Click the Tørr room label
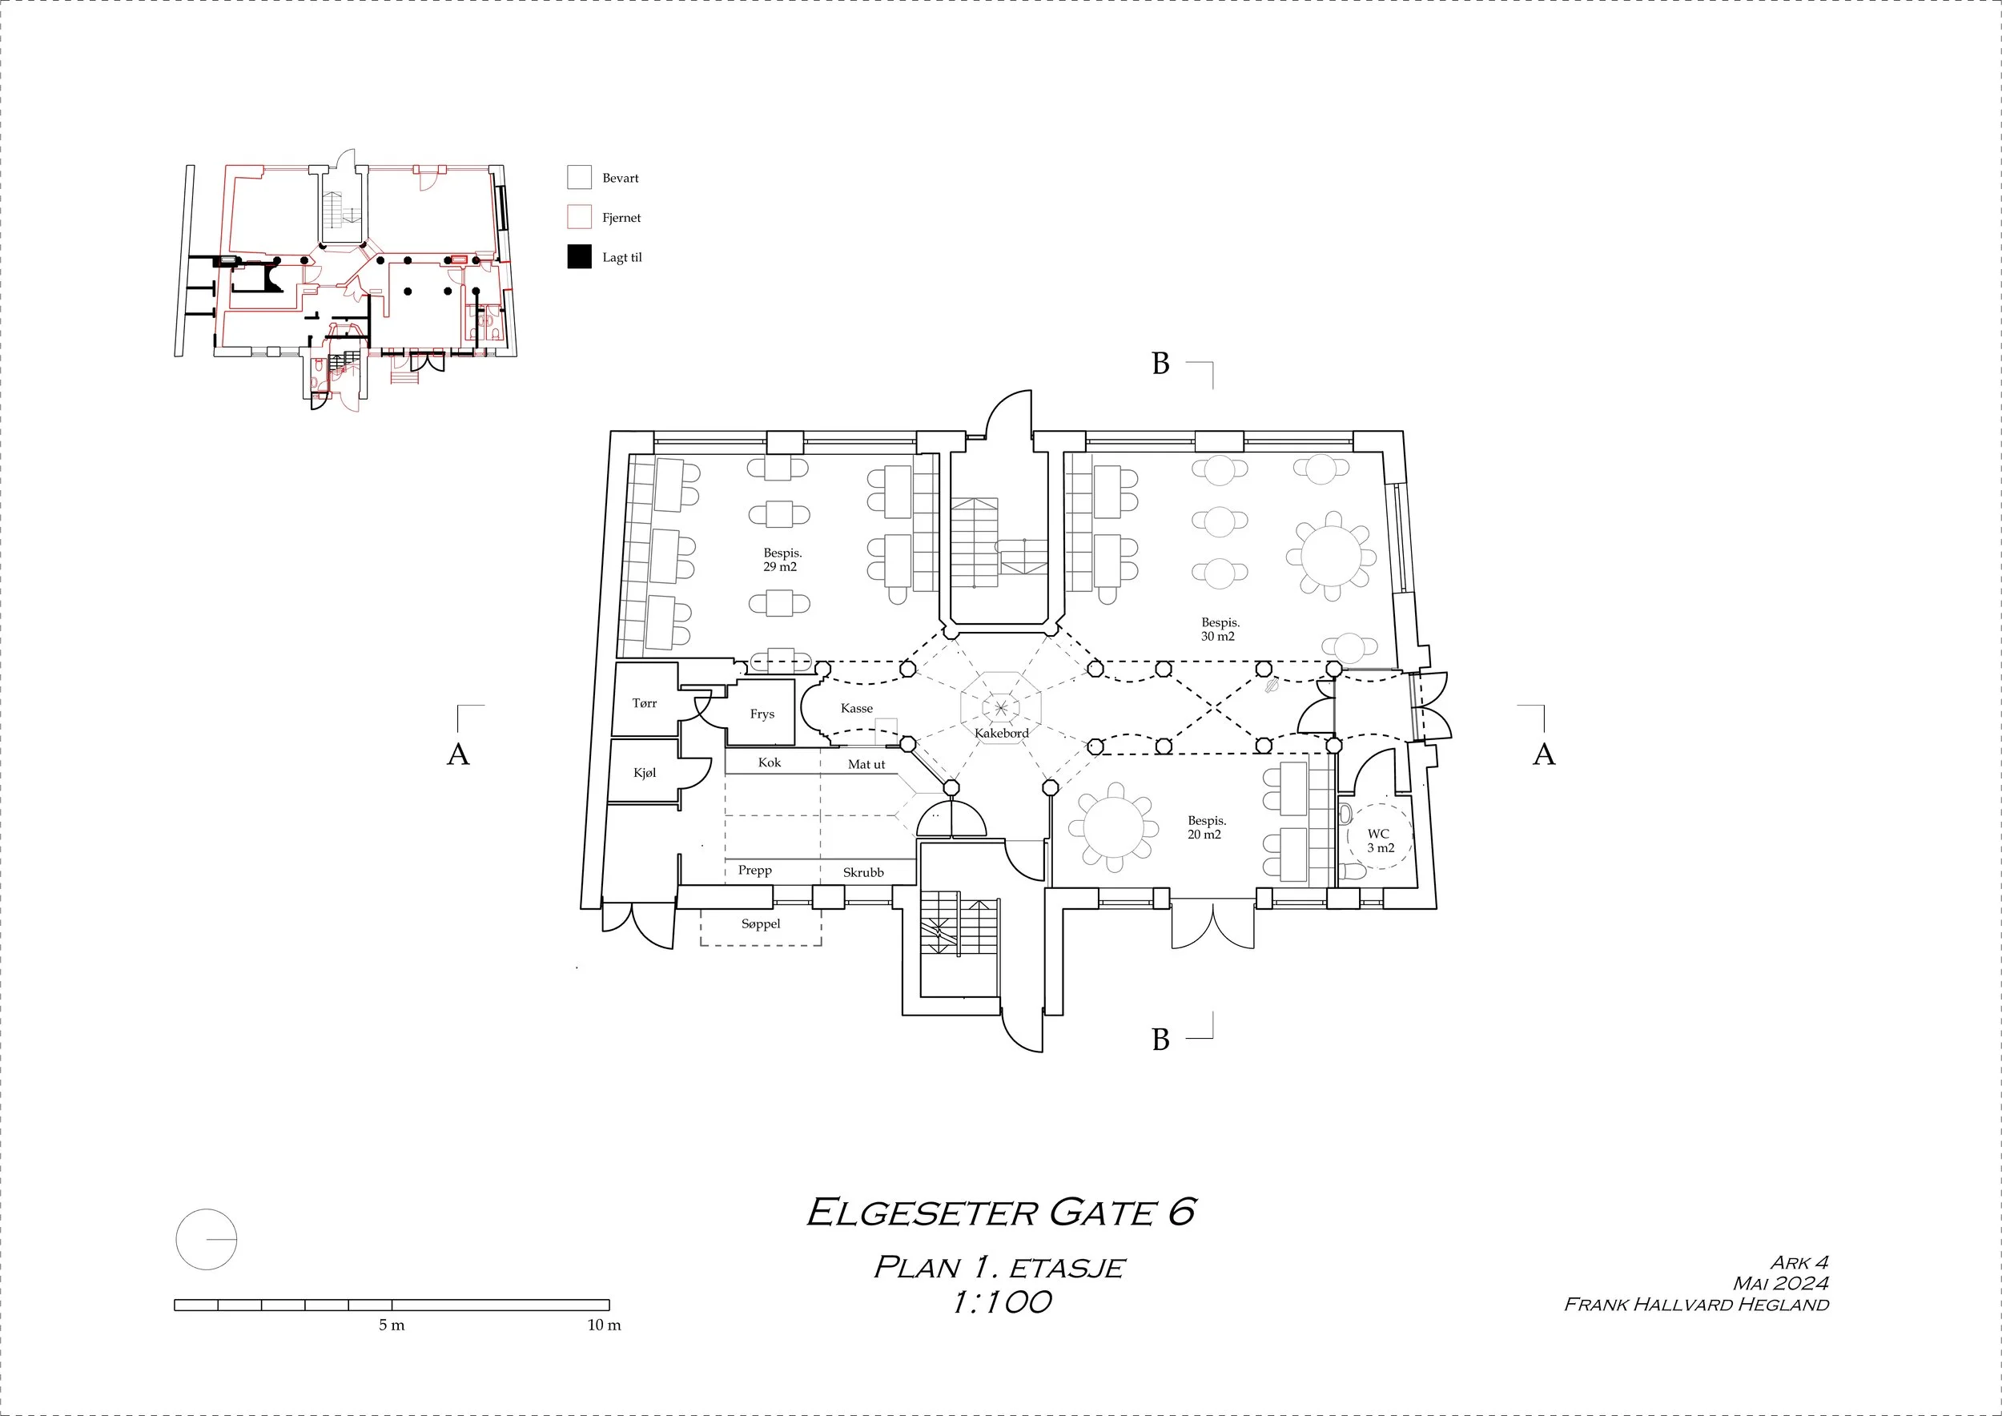[x=645, y=702]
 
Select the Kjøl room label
[x=645, y=773]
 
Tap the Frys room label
[x=762, y=714]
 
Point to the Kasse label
[x=856, y=708]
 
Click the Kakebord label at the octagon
[x=1001, y=734]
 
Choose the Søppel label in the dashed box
[x=760, y=923]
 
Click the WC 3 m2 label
[x=1380, y=840]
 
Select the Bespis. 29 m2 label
[x=782, y=560]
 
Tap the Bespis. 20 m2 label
[x=1206, y=827]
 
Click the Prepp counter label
[x=754, y=870]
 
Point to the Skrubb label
[x=862, y=872]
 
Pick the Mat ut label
[x=866, y=765]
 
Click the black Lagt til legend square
[x=579, y=257]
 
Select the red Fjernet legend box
[x=579, y=217]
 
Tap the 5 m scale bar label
[x=392, y=1325]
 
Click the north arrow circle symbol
[x=207, y=1239]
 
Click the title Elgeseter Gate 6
[x=1001, y=1212]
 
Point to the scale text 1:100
[x=1001, y=1302]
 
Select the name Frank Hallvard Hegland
[x=1696, y=1305]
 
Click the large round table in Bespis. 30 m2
[x=1331, y=557]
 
